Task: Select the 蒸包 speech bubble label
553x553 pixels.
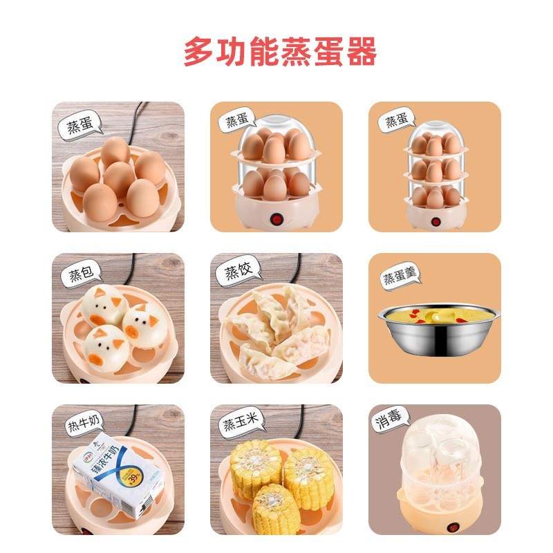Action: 79,275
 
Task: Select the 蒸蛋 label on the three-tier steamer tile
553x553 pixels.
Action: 397,122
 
